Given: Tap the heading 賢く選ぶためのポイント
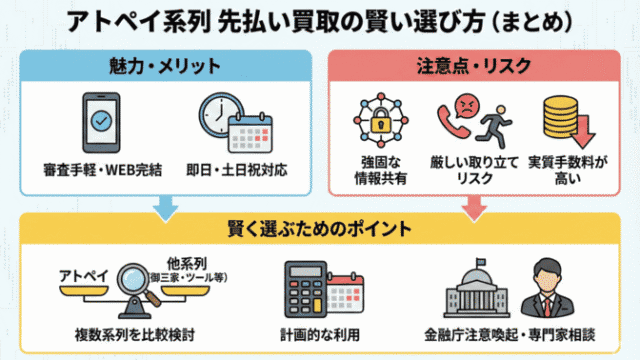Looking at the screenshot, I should pyautogui.click(x=319, y=225).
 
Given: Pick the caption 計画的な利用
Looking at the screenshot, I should pyautogui.click(x=319, y=333).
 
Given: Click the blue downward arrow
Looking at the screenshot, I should pyautogui.click(x=163, y=205).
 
